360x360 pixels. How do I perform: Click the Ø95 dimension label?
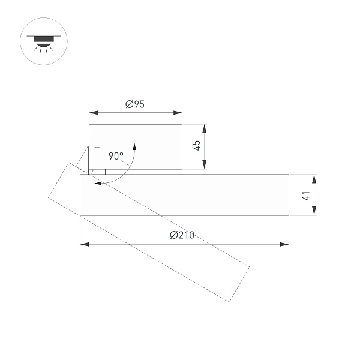point(135,104)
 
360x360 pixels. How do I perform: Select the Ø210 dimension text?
point(182,235)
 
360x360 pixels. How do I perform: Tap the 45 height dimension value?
point(196,146)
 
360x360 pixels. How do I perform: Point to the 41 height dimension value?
point(305,195)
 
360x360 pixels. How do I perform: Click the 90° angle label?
point(116,156)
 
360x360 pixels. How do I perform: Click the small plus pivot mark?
point(97,147)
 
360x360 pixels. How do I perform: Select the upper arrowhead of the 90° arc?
point(135,146)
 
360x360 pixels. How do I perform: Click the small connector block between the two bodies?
point(97,172)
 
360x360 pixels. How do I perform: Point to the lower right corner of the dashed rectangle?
point(229,302)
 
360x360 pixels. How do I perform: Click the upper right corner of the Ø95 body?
point(182,124)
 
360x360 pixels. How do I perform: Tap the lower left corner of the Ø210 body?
point(80,215)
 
